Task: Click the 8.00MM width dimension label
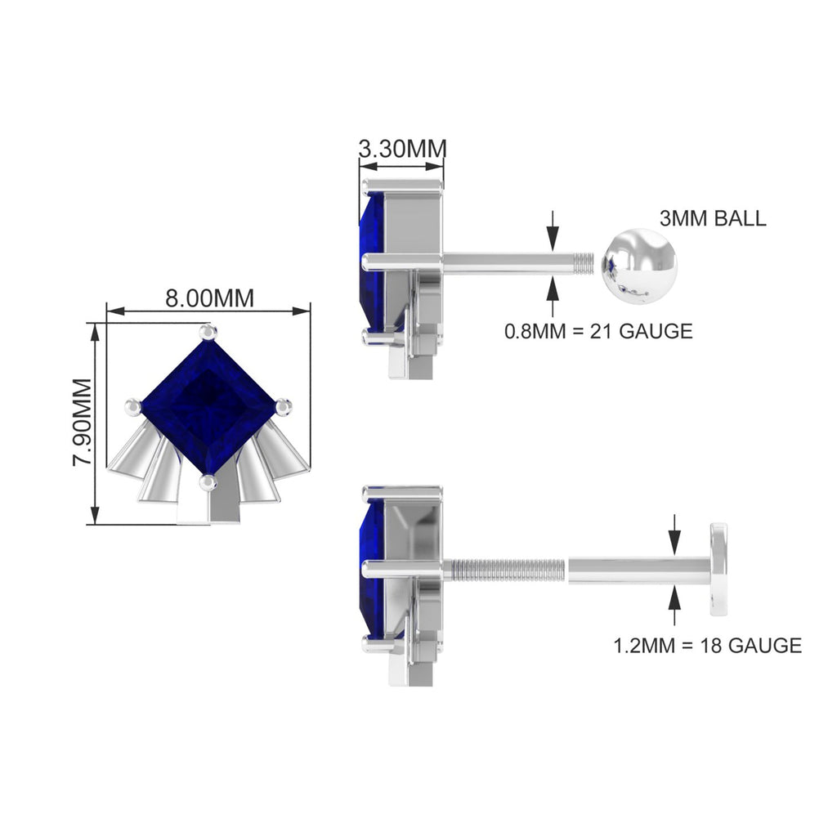[x=209, y=298]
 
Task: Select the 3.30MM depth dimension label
[x=402, y=149]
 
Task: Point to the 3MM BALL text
[x=713, y=218]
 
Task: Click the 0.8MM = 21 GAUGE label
[x=598, y=331]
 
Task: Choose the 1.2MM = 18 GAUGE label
[x=708, y=645]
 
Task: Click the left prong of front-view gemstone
[x=133, y=406]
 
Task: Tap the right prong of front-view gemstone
[x=283, y=405]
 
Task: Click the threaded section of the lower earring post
[x=507, y=566]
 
